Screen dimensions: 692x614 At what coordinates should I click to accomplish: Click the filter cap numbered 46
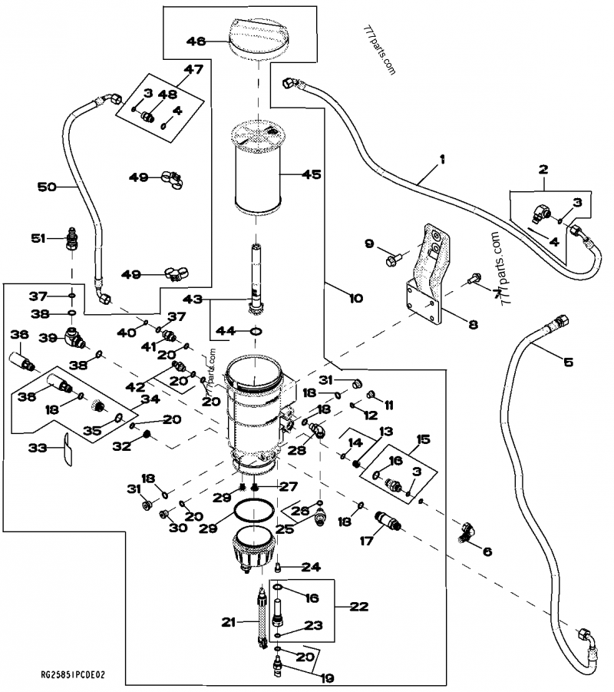tap(259, 37)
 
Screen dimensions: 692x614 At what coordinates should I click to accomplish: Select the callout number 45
tap(311, 174)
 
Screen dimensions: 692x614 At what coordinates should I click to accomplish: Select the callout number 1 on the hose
tap(442, 160)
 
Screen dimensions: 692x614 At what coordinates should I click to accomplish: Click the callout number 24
tap(310, 568)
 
